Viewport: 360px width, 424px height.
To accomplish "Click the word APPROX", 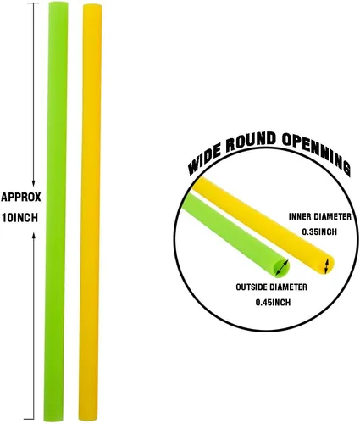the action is click(x=21, y=197).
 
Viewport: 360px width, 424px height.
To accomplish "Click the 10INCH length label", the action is click(x=19, y=218).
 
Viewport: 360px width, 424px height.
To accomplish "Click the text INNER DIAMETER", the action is click(x=320, y=216).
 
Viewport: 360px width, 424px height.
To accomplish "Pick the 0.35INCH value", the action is click(x=319, y=232).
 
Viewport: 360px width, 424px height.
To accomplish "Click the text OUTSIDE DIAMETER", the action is click(x=271, y=287).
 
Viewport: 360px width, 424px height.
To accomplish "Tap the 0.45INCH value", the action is click(x=273, y=303).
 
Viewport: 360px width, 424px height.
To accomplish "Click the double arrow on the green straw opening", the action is click(x=282, y=267).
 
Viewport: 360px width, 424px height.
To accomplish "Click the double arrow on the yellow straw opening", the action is click(x=326, y=266).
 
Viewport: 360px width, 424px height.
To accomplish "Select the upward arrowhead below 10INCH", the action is click(x=34, y=236).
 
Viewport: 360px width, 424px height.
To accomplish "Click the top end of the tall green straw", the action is click(x=58, y=3).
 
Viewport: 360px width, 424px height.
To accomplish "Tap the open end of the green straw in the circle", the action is click(x=282, y=267).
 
